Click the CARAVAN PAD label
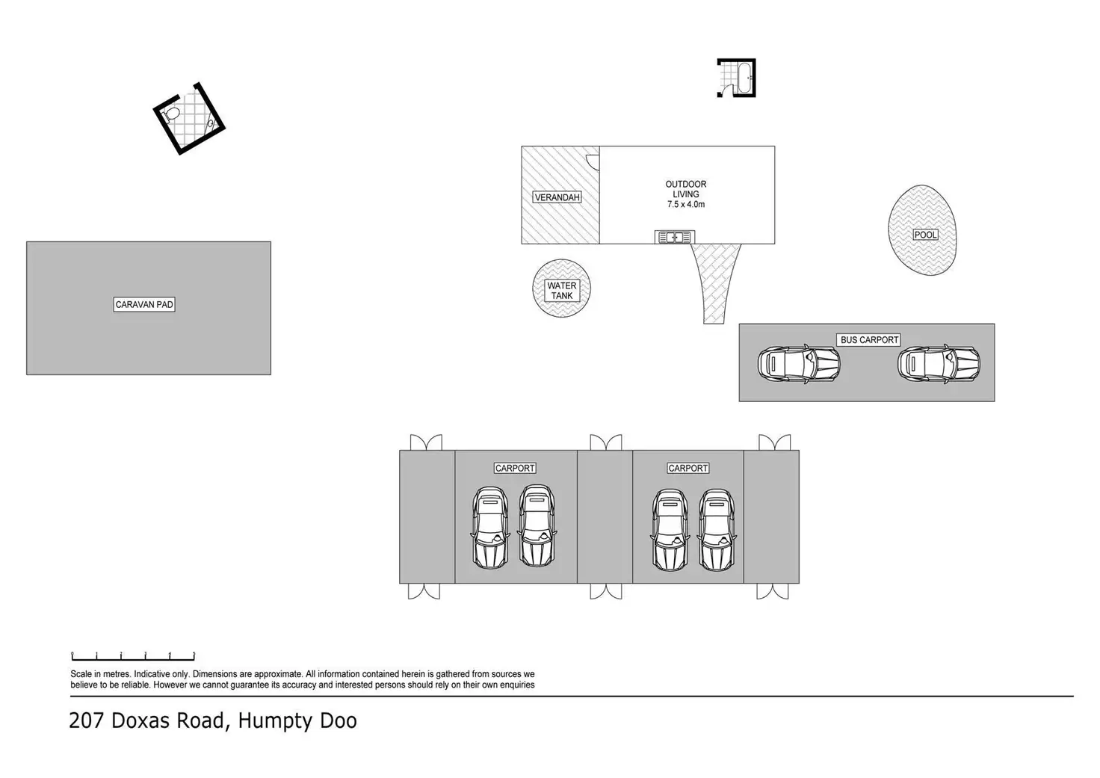(144, 304)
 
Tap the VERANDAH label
(557, 197)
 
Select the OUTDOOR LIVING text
(686, 189)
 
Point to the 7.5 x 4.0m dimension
(686, 204)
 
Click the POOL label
(925, 235)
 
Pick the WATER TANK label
(562, 290)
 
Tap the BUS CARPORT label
(869, 339)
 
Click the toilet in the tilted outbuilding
(170, 115)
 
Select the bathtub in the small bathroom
(744, 78)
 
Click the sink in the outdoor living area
(675, 237)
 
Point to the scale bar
(133, 657)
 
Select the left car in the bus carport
(799, 364)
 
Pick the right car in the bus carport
(939, 364)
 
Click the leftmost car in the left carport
(489, 528)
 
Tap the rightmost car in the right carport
(717, 530)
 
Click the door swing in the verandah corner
(593, 162)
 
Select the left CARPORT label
(515, 468)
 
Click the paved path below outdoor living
(715, 280)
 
